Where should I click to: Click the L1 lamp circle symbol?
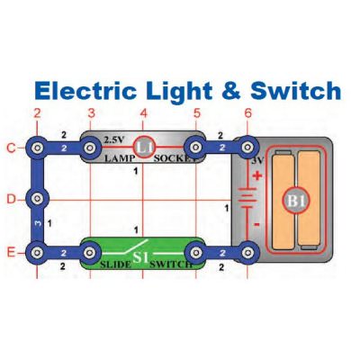(x=143, y=148)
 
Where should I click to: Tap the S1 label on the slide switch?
(x=140, y=258)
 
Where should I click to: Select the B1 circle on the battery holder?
(x=295, y=201)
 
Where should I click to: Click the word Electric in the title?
(x=85, y=91)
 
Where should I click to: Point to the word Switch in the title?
(x=296, y=90)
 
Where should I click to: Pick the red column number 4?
(x=144, y=113)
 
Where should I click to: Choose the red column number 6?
(x=247, y=113)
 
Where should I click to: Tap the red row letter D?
(x=11, y=199)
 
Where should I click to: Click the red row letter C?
(x=11, y=148)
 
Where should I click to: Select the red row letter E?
(x=11, y=252)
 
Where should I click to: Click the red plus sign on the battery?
(x=257, y=175)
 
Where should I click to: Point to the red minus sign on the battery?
(x=256, y=224)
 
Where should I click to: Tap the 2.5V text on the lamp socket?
(x=113, y=139)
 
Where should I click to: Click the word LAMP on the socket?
(x=119, y=158)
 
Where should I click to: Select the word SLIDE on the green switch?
(x=115, y=265)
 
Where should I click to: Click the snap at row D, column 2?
(x=37, y=199)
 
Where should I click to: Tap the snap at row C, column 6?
(x=247, y=148)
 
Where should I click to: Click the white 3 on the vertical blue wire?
(x=38, y=223)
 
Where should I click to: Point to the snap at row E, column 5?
(x=195, y=253)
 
